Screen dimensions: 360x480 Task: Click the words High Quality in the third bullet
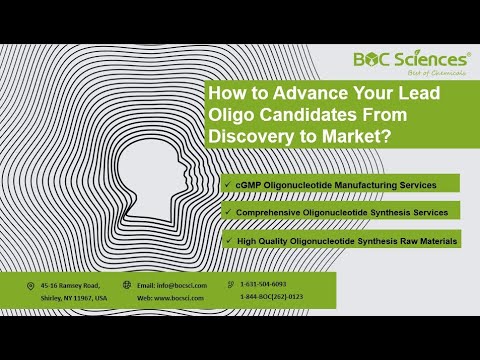click(259, 240)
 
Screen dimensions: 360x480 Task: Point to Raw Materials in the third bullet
click(426, 240)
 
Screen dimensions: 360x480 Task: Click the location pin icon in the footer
click(30, 285)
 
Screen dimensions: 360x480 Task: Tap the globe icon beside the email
click(127, 285)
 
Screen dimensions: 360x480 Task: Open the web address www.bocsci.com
click(182, 298)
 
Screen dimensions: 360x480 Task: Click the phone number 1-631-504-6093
click(263, 285)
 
